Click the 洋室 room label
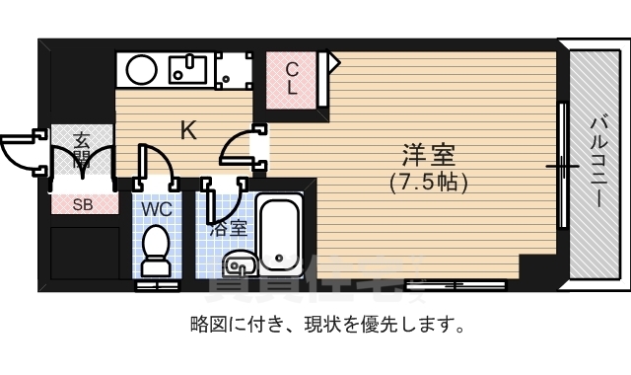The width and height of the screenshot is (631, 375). pos(428,157)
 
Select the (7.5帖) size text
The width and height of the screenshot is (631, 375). pos(428,183)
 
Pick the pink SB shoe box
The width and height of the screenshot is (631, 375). pos(82,204)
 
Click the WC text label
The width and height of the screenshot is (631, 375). pos(157,209)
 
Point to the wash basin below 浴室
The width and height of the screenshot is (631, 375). pos(240,263)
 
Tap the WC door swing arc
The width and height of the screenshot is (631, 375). pos(157,168)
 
